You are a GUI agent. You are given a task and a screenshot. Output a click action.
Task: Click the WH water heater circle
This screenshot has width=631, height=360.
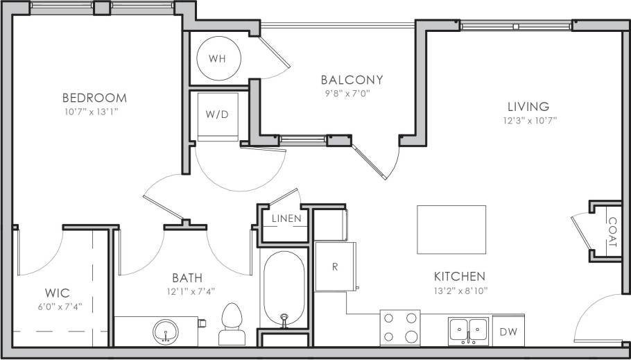pos(217,58)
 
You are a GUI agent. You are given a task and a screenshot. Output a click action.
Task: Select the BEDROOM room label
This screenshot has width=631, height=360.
pos(94,98)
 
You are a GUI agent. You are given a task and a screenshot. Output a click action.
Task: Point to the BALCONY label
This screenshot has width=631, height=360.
pos(352,80)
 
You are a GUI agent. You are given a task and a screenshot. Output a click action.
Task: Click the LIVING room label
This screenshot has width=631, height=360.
pos(528,107)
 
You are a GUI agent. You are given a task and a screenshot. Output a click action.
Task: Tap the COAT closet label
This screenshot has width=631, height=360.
pos(612,233)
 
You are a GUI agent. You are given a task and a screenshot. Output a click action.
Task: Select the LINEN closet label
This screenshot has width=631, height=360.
pos(286,219)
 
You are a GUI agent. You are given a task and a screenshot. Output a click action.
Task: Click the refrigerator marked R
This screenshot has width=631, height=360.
pos(335,266)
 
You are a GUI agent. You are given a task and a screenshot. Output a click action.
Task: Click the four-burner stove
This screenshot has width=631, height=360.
pos(400,327)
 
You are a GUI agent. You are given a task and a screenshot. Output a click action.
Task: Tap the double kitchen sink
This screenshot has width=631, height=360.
pos(469,330)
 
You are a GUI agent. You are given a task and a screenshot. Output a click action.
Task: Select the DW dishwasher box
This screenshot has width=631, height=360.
pos(508,332)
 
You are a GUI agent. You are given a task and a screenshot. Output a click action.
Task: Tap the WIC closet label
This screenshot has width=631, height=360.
pos(57,293)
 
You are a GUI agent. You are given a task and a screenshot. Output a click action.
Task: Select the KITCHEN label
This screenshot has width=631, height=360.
pos(459,276)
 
